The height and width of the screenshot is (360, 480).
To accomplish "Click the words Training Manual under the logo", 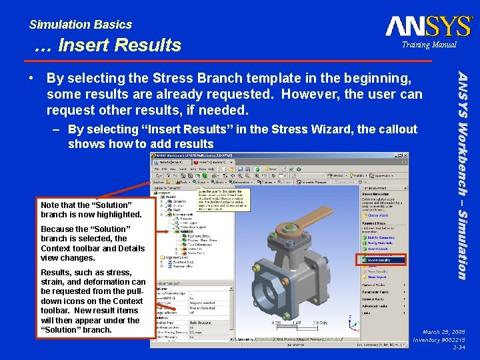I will pyautogui.click(x=429, y=45).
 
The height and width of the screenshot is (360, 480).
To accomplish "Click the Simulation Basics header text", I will pyautogui.click(x=80, y=25).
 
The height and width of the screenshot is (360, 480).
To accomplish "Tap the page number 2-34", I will pyautogui.click(x=459, y=347).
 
